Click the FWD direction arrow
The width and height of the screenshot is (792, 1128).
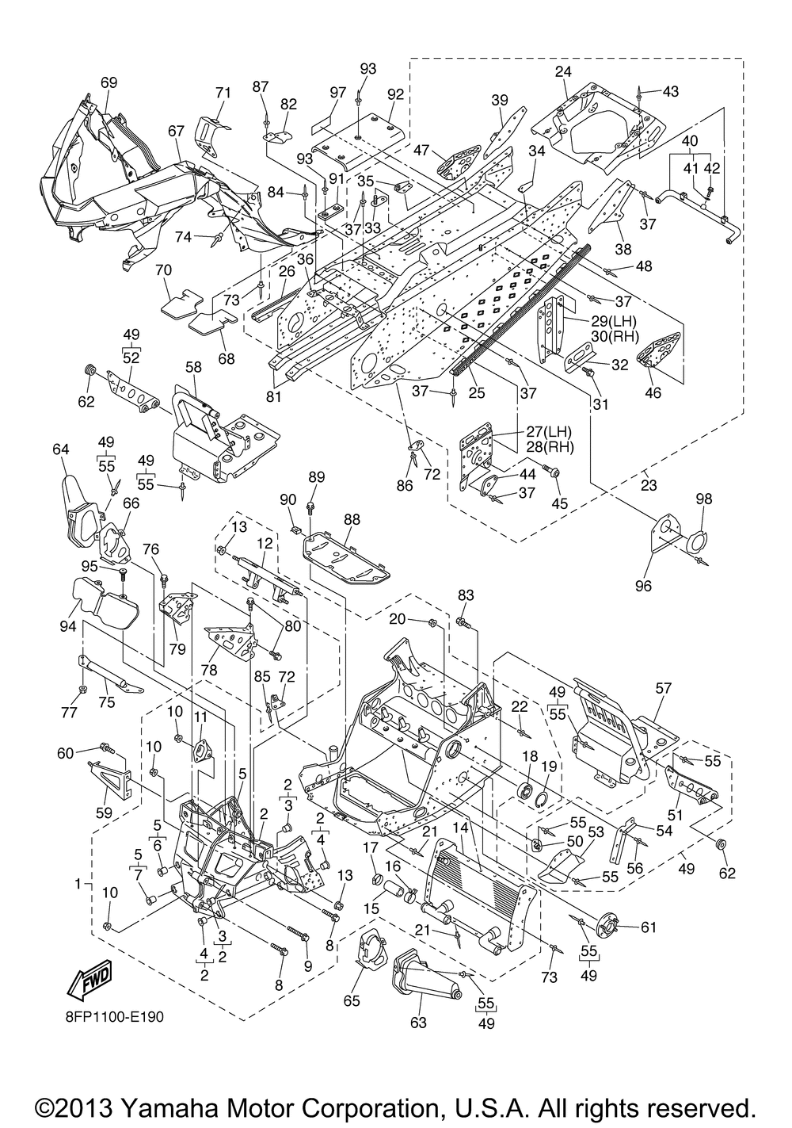pos(89,981)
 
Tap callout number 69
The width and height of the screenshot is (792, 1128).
pos(109,82)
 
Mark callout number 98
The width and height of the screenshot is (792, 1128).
pos(704,499)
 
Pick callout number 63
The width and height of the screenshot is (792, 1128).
pos(418,1023)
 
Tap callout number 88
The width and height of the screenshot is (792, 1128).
pos(351,518)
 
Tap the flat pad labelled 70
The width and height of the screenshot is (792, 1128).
pos(181,303)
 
